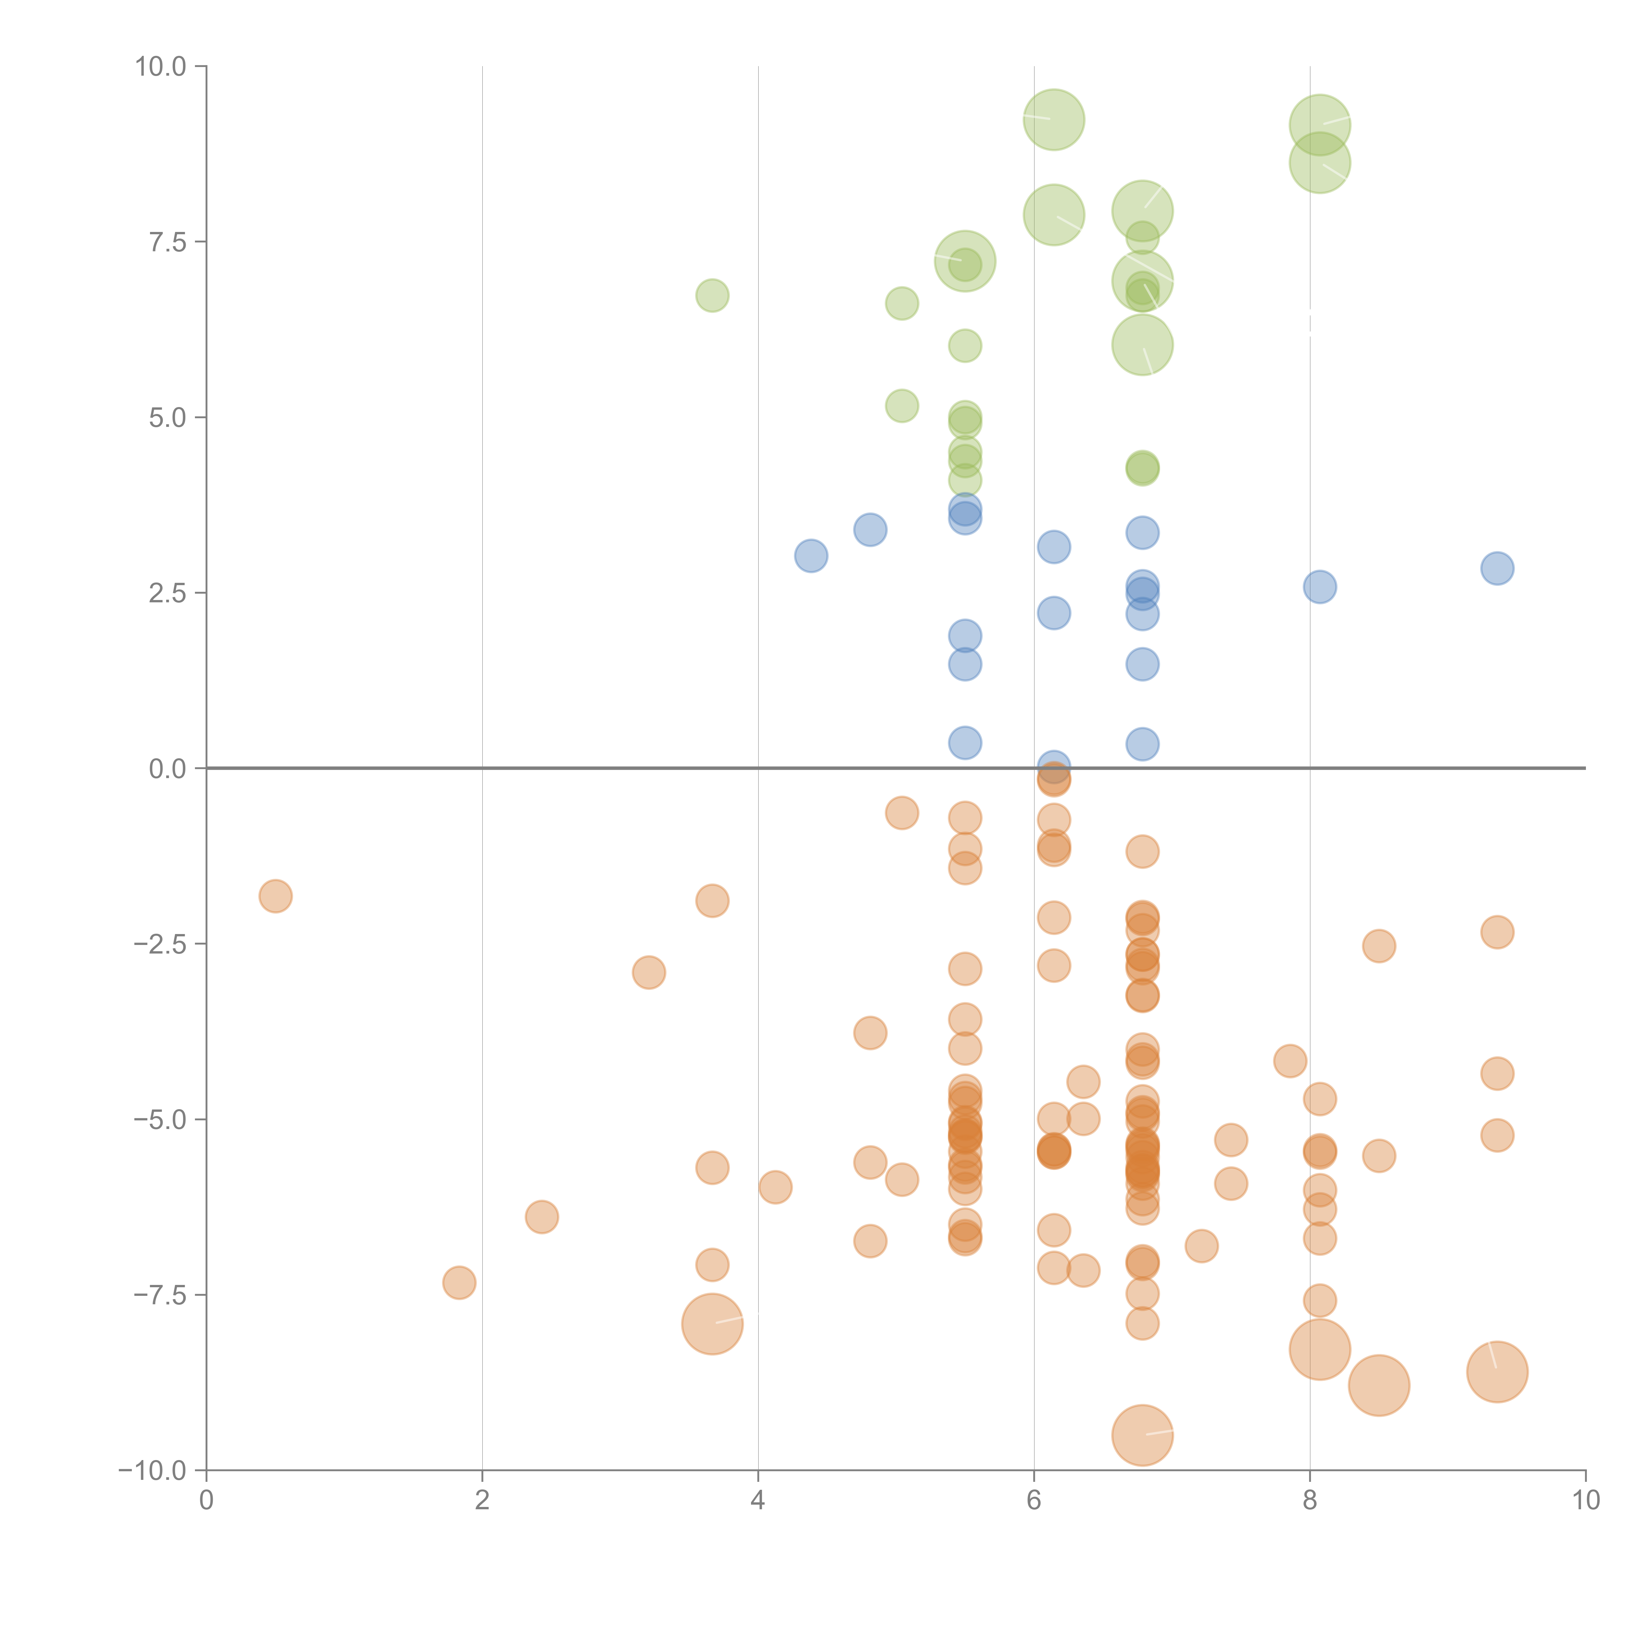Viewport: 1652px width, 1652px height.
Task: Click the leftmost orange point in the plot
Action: [x=275, y=896]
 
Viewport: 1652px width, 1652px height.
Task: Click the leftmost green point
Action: [x=712, y=296]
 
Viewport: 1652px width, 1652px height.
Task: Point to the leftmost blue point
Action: [x=810, y=556]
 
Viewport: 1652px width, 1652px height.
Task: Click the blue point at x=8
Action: [x=1319, y=586]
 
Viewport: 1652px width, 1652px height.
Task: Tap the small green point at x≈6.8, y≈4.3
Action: [x=1143, y=468]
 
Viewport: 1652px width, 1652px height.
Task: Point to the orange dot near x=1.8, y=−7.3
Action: [x=459, y=1283]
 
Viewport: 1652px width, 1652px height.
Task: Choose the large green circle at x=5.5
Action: [x=964, y=261]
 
